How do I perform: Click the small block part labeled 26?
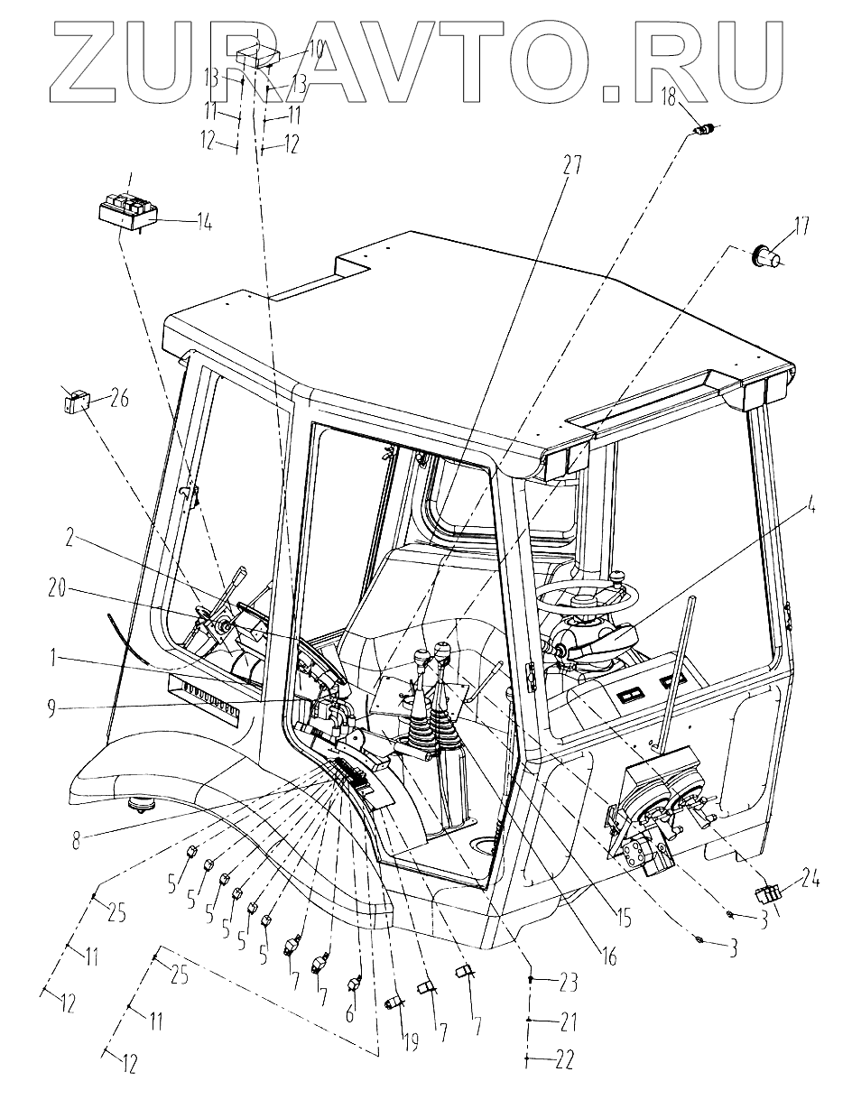pos(76,400)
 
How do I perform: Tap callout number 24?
pos(808,875)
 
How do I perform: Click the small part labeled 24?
pos(767,896)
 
